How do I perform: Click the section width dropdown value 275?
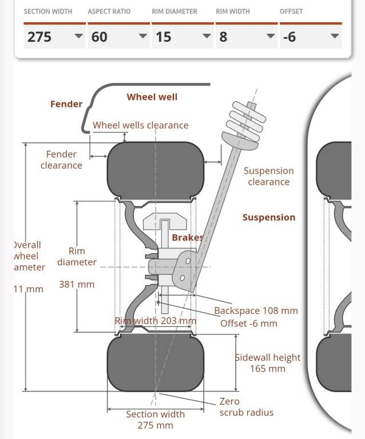click(54, 37)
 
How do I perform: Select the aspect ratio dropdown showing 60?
click(119, 37)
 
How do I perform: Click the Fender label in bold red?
click(66, 104)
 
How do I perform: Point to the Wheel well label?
click(152, 97)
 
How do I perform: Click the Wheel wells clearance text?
click(140, 125)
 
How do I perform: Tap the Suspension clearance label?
click(268, 176)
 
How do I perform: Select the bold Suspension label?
click(268, 217)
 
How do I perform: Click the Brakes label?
click(187, 237)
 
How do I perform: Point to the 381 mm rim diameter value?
click(77, 284)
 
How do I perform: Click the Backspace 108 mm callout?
click(256, 311)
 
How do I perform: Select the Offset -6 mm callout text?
click(248, 323)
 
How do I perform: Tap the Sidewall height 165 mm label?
click(268, 363)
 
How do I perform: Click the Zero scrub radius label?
click(246, 407)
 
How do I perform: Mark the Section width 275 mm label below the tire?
click(155, 420)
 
